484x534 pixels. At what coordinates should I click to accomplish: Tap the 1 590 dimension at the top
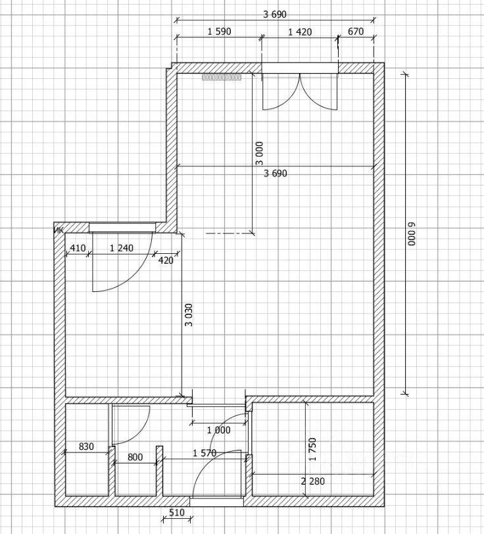[x=219, y=32]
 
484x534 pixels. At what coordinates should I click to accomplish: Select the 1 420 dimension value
[x=300, y=32]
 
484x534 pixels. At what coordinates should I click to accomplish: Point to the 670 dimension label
[x=356, y=32]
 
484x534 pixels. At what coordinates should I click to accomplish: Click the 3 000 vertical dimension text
[x=259, y=153]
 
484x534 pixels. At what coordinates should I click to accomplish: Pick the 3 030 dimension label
[x=189, y=314]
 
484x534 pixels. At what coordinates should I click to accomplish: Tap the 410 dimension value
[x=78, y=247]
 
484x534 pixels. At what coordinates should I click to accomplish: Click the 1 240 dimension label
[x=121, y=247]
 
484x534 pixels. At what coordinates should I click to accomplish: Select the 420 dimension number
[x=166, y=260]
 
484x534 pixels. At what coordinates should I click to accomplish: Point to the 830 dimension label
[x=86, y=446]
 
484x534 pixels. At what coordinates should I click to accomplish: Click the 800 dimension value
[x=135, y=457]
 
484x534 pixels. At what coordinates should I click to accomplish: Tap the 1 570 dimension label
[x=205, y=453]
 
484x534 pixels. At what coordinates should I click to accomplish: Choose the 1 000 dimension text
[x=219, y=430]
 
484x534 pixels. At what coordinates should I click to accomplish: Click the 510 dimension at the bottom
[x=177, y=512]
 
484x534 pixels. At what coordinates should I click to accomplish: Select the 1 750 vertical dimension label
[x=312, y=449]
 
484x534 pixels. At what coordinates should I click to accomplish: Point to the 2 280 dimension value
[x=312, y=481]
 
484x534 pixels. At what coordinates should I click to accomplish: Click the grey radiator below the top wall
[x=222, y=78]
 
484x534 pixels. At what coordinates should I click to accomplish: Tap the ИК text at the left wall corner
[x=59, y=230]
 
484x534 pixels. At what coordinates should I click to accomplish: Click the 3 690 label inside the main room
[x=275, y=174]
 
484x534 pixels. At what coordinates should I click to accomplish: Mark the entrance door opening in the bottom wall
[x=216, y=501]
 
